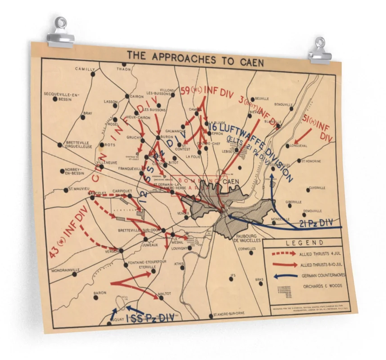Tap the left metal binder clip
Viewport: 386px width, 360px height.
point(61,32)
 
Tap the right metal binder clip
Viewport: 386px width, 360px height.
point(320,51)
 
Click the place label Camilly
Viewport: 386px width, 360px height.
point(85,69)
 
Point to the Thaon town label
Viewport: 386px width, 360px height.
point(124,69)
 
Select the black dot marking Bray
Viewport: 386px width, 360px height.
point(83,118)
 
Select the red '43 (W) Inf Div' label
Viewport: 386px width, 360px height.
point(67,233)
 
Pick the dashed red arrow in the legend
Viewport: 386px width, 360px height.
point(284,254)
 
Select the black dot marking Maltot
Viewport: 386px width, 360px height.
point(161,297)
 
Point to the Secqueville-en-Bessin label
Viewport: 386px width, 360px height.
point(61,96)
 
